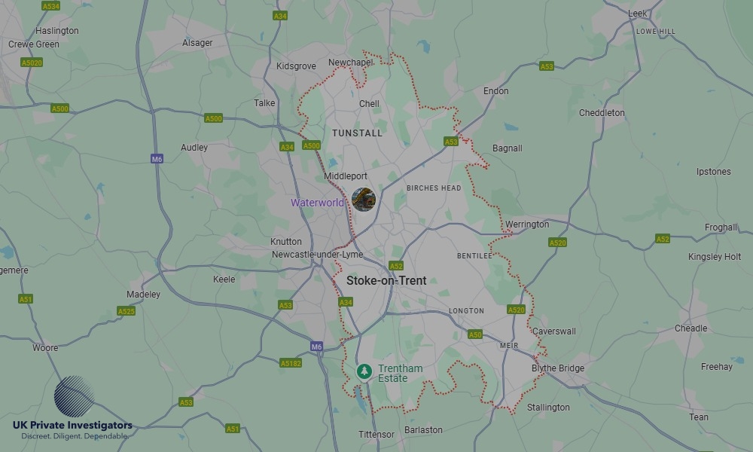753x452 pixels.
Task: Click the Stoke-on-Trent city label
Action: click(x=386, y=280)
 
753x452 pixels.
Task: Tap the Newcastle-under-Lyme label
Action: click(x=317, y=255)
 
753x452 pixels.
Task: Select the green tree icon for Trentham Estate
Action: click(x=364, y=371)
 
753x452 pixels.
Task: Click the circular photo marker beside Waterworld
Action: click(x=364, y=200)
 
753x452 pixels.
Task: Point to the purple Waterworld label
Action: click(x=317, y=203)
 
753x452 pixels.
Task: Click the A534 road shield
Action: click(x=51, y=6)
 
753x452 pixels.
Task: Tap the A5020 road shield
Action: click(x=32, y=63)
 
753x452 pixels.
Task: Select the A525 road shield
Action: click(x=127, y=311)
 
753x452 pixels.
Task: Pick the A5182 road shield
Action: click(x=291, y=363)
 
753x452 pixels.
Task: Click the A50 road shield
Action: click(x=475, y=334)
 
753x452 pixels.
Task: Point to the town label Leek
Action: click(x=638, y=14)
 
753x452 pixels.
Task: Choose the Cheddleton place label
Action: click(x=602, y=113)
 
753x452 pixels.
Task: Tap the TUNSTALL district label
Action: click(x=357, y=133)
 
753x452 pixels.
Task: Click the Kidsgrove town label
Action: click(x=296, y=66)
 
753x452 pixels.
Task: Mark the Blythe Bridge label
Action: click(x=558, y=368)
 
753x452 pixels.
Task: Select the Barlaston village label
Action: click(x=423, y=430)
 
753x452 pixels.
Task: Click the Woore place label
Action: click(x=45, y=348)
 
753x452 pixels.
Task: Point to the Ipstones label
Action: click(x=713, y=172)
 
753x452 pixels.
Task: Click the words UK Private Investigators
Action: click(x=72, y=426)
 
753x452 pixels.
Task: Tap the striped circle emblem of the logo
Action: click(x=74, y=396)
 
